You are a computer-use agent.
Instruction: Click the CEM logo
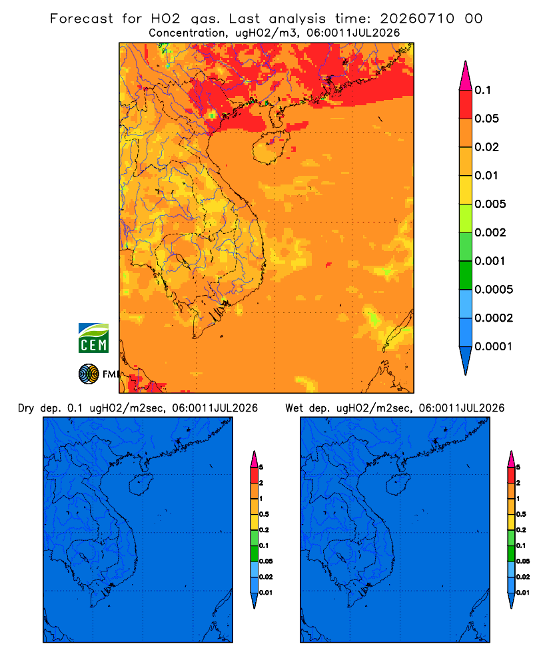tap(93, 338)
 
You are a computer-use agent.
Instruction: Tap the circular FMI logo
tap(89, 374)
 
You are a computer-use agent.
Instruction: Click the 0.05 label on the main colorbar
tap(486, 119)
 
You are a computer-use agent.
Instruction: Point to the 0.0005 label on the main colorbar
tap(494, 290)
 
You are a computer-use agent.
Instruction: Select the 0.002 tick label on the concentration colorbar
tap(490, 232)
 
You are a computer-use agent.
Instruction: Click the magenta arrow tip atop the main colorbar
tap(466, 75)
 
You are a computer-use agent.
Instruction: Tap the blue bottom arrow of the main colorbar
tap(466, 360)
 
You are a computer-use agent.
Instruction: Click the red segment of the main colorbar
tap(466, 104)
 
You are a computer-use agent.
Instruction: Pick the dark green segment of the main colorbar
tap(466, 275)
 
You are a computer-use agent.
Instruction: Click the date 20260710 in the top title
tap(417, 19)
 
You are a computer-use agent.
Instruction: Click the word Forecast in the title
tap(81, 19)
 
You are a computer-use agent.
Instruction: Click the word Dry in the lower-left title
tap(25, 408)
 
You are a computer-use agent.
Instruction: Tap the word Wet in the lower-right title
tap(294, 408)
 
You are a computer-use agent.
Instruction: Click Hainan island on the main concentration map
tap(270, 147)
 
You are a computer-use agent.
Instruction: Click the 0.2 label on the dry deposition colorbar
tap(264, 530)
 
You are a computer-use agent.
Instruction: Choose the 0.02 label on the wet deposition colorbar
tap(523, 577)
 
